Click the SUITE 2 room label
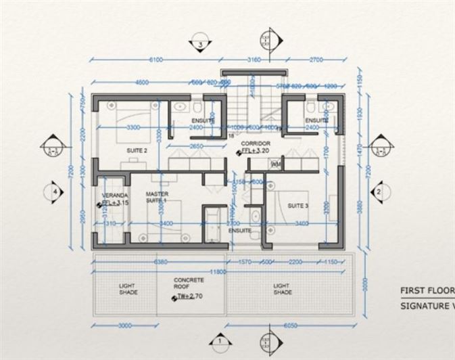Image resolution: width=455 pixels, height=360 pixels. pyautogui.click(x=137, y=150)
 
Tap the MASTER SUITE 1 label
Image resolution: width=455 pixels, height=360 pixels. pyautogui.click(x=156, y=197)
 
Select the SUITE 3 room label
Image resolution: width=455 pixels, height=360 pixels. pyautogui.click(x=297, y=205)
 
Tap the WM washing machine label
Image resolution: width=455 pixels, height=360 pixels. pyautogui.click(x=275, y=164)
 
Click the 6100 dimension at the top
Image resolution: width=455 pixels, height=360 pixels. pyautogui.click(x=155, y=60)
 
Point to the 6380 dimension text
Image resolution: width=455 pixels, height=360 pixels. pyautogui.click(x=161, y=261)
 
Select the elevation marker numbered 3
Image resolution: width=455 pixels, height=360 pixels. pyautogui.click(x=201, y=45)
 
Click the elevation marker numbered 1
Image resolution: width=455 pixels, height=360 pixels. pyautogui.click(x=220, y=342)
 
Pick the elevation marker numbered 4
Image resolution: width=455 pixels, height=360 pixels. pyautogui.click(x=55, y=192)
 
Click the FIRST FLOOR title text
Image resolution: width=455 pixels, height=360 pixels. pyautogui.click(x=426, y=291)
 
